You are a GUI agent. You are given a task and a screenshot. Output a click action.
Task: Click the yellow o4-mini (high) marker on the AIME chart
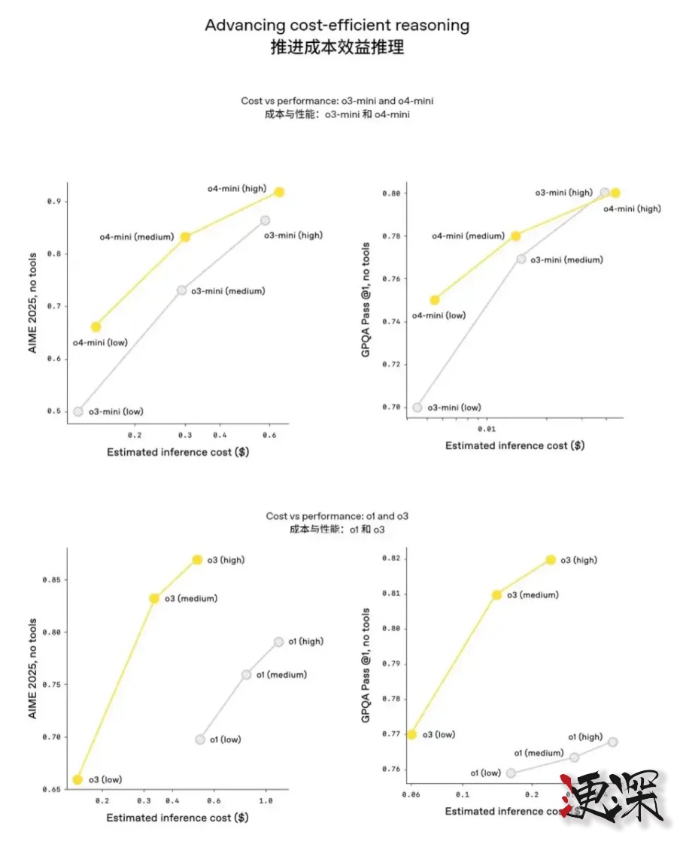279,192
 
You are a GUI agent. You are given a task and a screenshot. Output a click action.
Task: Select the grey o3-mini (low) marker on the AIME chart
78,411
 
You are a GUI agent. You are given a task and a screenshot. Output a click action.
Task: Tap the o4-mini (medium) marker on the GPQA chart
515,235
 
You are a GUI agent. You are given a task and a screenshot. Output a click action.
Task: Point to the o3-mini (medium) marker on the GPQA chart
521,259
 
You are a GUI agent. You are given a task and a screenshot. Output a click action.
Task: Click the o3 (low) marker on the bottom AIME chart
77,779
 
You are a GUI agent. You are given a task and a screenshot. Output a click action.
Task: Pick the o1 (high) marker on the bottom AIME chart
279,642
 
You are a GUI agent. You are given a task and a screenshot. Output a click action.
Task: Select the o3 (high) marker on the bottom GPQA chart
551,560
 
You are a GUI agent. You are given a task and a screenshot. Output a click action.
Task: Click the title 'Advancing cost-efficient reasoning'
337,25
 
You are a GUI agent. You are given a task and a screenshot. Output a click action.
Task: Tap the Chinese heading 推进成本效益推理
337,47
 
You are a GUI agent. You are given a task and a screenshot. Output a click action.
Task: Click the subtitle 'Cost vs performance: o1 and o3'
337,516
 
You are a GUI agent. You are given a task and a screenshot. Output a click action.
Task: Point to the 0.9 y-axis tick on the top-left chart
53,202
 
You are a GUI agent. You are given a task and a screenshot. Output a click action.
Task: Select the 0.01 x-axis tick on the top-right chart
487,429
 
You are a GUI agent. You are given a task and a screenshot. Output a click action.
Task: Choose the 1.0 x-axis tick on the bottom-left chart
265,801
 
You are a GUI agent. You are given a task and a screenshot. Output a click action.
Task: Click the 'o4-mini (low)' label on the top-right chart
439,315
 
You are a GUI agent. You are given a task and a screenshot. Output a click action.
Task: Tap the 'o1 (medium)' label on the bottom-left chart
281,675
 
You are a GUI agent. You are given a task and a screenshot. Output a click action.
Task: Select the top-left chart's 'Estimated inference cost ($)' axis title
178,452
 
